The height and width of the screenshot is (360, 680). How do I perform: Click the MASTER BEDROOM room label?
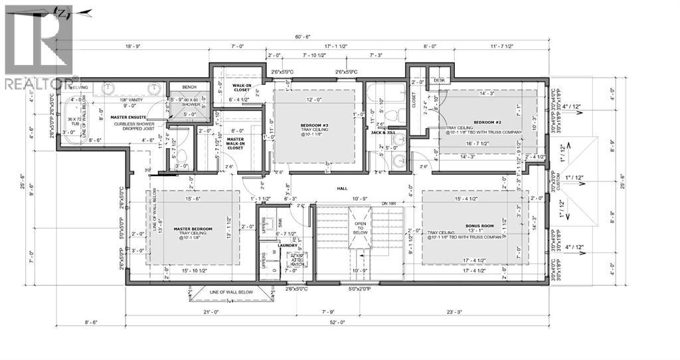(193, 229)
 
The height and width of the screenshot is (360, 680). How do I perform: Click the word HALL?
(342, 189)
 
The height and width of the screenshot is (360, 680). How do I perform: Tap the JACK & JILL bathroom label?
(383, 134)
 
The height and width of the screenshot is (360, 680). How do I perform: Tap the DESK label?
(438, 80)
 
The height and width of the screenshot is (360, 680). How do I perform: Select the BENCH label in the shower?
(189, 87)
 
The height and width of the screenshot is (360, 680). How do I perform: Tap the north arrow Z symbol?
(62, 13)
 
